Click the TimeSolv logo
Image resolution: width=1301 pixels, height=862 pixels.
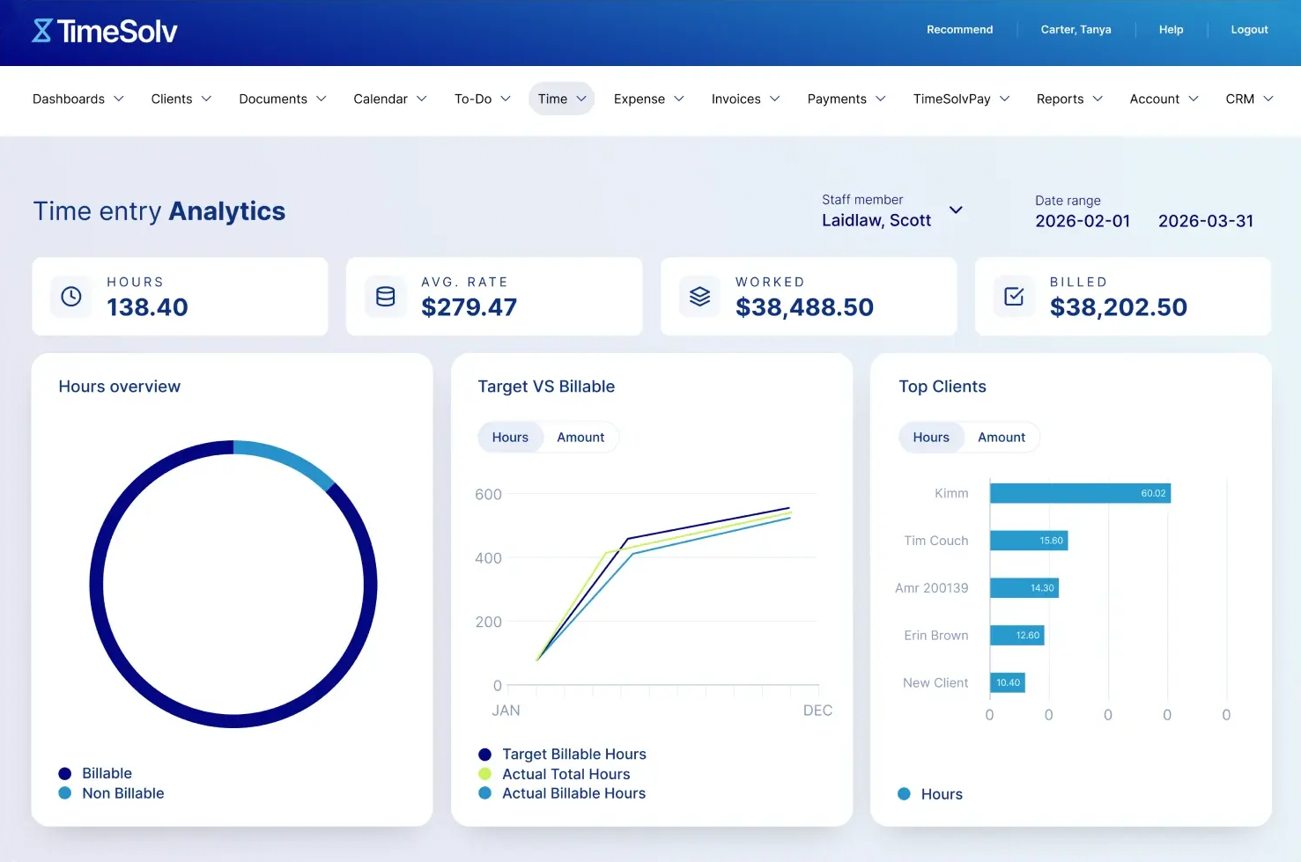105,32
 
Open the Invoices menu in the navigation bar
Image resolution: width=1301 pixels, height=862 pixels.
745,99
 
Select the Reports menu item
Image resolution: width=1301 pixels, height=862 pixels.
1068,99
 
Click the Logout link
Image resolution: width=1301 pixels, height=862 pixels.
1249,29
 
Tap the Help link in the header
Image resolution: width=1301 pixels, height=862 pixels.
1171,29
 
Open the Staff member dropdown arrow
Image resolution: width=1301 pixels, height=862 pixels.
956,210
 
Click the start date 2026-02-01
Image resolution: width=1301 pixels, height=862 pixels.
1083,221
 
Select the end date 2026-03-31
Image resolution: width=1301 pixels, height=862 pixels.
1205,221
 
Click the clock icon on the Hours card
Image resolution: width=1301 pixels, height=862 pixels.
71,297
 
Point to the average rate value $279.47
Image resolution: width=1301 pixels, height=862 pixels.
469,307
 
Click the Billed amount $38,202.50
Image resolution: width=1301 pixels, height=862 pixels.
1118,307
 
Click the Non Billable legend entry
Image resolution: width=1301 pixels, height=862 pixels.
122,793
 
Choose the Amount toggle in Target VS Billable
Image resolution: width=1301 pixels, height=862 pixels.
580,438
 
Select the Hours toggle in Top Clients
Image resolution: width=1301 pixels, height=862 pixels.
931,438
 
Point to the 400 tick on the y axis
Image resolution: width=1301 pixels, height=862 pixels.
488,558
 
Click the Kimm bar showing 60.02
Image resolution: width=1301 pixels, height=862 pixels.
1079,493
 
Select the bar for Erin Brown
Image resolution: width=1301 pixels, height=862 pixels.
1016,635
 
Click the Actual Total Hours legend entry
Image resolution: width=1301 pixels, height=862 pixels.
565,774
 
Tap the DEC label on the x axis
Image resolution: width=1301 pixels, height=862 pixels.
817,711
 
